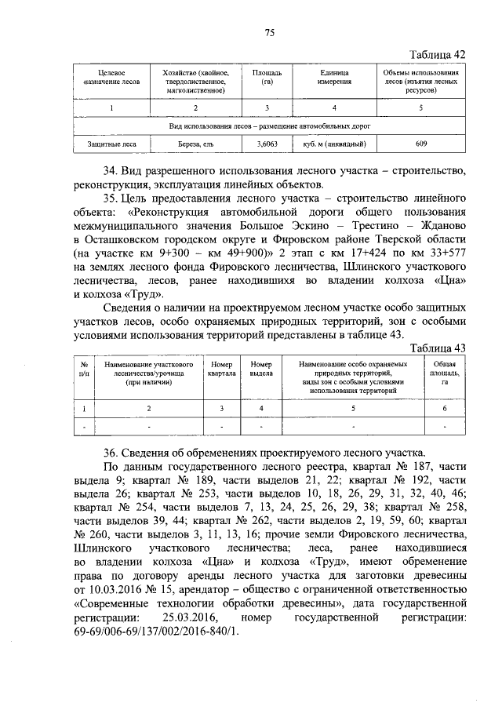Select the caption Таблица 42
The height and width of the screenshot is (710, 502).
439,54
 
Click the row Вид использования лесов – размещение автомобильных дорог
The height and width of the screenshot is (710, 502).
270,125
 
